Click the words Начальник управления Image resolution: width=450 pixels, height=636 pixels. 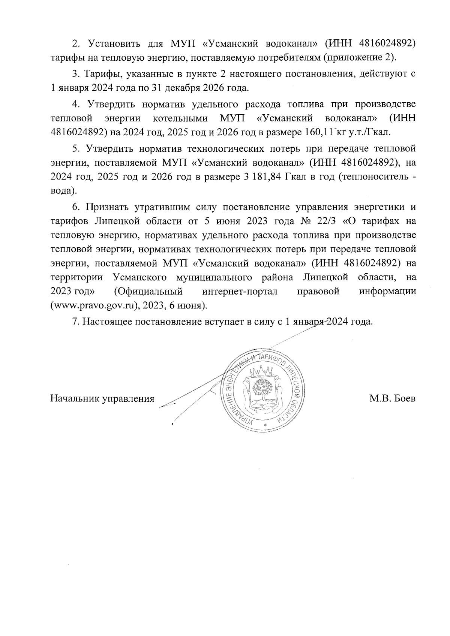click(102, 398)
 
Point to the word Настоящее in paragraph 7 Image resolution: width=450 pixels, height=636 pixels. click(106, 322)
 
